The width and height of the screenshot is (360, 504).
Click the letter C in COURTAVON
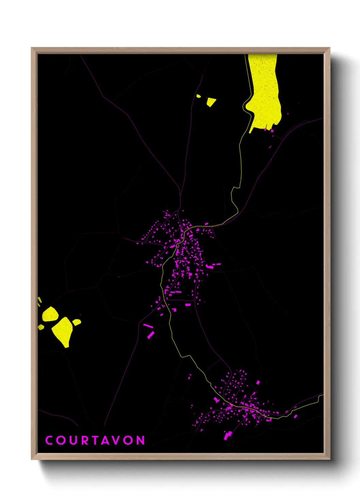tap(49, 440)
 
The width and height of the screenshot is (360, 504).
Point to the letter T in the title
tap(95, 440)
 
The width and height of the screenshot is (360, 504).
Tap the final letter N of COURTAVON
tap(141, 440)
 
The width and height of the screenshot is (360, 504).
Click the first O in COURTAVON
tap(61, 440)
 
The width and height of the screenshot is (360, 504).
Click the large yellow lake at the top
tap(264, 92)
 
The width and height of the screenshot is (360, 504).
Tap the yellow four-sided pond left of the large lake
tap(211, 101)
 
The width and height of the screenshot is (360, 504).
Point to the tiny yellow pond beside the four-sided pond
tap(198, 96)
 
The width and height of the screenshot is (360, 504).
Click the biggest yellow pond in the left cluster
tap(63, 330)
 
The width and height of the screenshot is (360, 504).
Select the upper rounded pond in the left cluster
tap(50, 314)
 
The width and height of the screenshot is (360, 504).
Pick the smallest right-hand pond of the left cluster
tap(77, 322)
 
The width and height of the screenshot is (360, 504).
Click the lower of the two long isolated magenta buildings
tap(150, 335)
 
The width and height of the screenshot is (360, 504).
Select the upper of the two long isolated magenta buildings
tap(148, 326)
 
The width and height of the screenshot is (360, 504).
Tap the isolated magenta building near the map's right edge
tap(295, 416)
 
